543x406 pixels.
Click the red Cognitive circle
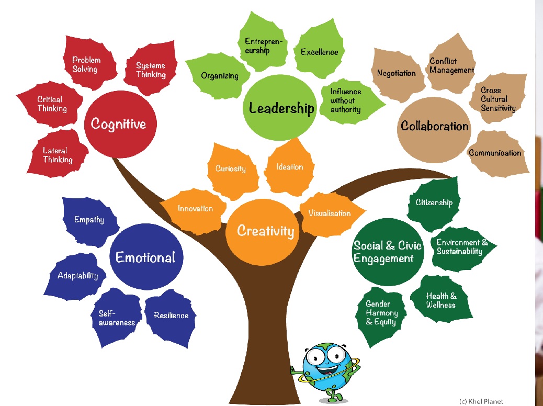pos(120,124)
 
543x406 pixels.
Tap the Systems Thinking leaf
pos(151,69)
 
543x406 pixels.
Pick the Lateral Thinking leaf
pos(57,154)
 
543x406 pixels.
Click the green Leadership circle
pos(280,108)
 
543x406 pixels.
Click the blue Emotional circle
pos(146,257)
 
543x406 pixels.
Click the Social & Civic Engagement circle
pos(388,252)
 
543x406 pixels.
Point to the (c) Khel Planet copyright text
pos(481,401)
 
